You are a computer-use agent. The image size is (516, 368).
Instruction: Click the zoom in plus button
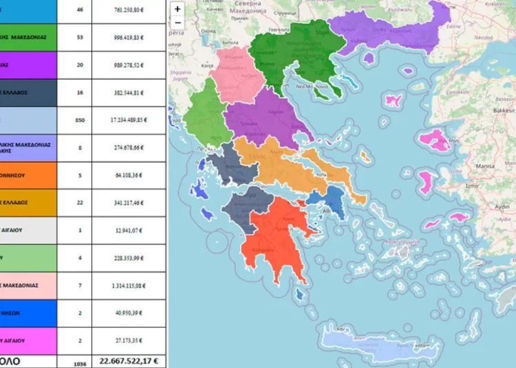178,10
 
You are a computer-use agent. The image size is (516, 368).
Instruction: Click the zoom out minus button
178,23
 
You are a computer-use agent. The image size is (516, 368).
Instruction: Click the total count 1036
80,361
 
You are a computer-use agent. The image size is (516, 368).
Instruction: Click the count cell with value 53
79,36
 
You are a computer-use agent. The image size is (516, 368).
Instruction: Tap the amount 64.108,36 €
129,175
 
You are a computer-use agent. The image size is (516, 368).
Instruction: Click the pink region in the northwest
237,69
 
